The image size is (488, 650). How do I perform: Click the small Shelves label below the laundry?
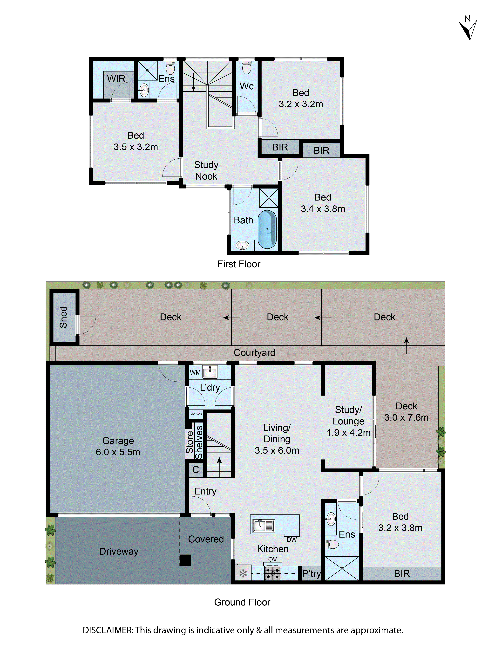tap(196, 414)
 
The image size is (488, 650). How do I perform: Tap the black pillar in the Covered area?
tap(185, 560)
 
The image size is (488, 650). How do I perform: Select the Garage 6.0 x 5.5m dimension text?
tap(118, 452)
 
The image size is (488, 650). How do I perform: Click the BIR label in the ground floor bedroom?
tap(402, 573)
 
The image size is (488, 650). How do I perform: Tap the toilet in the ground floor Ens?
tap(332, 544)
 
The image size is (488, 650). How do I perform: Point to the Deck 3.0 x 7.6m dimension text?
tap(406, 417)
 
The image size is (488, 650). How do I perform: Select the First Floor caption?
tap(239, 264)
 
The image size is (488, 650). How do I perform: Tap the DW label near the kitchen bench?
tap(291, 539)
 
